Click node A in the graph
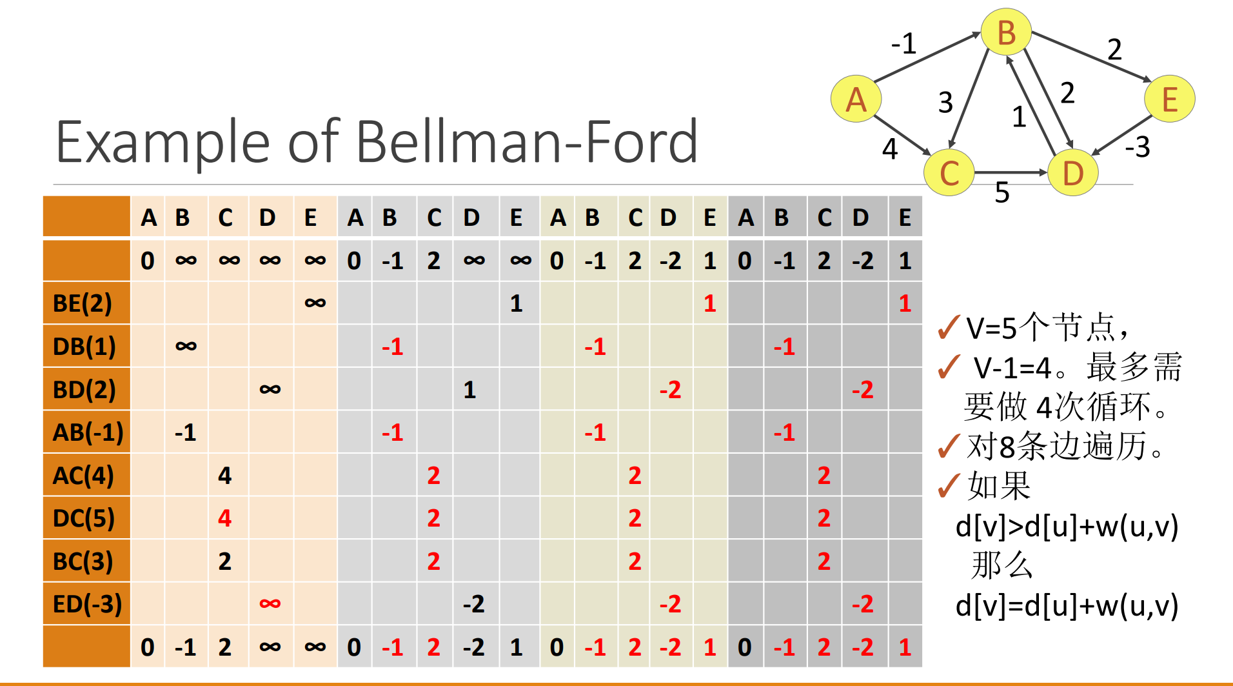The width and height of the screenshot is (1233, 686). tap(856, 99)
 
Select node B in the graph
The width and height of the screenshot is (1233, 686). tap(1006, 33)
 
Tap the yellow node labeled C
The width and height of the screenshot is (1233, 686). tap(949, 173)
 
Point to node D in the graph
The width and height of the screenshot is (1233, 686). tap(1072, 173)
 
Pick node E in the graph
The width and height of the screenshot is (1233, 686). tap(1169, 99)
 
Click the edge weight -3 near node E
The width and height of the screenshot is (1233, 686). tap(1138, 147)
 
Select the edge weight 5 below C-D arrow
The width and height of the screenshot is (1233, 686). tap(1001, 192)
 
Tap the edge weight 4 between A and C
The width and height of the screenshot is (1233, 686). tap(890, 149)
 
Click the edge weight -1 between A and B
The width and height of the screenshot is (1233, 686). tap(903, 44)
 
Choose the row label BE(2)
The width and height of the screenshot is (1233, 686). tap(83, 303)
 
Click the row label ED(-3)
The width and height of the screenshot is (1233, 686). tap(87, 604)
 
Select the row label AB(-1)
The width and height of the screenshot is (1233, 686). tap(88, 432)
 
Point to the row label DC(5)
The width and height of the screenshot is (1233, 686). tap(84, 518)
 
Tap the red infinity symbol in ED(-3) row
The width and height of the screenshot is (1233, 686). tap(270, 604)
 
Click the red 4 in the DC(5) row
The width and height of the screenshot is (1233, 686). tap(224, 518)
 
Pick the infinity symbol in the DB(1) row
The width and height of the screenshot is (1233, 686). tap(186, 347)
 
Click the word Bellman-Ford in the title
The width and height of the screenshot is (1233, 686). tap(526, 142)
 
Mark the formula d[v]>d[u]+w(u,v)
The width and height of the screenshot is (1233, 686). tap(1067, 527)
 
